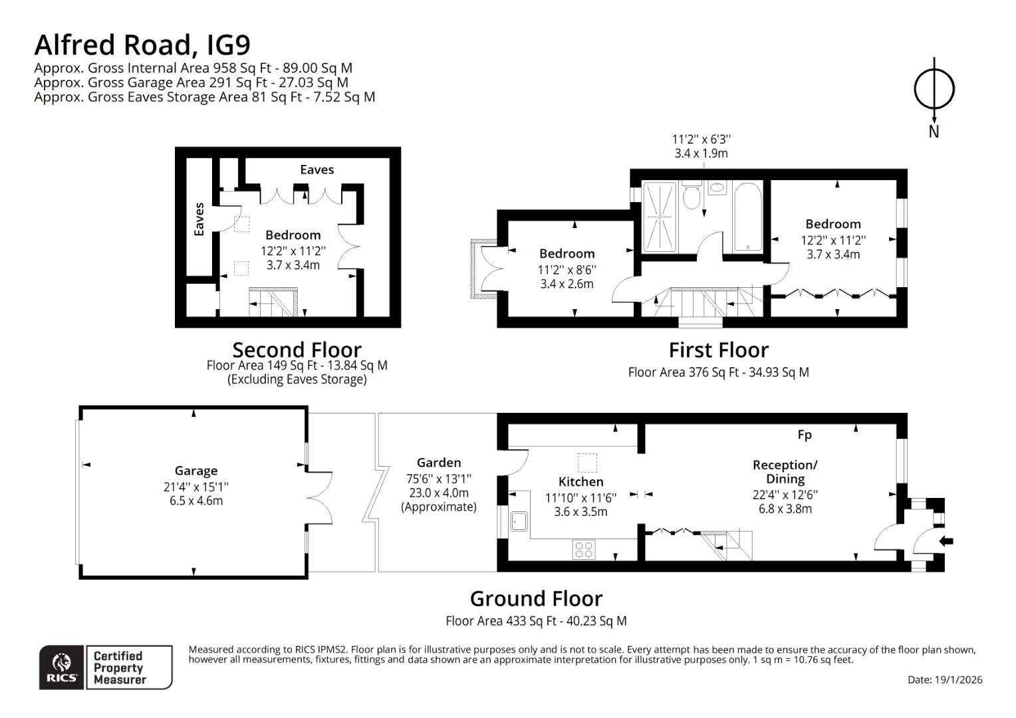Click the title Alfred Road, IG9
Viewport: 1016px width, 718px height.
click(142, 45)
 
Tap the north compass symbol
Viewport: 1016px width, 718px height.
click(934, 89)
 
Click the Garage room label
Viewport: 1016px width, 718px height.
click(196, 471)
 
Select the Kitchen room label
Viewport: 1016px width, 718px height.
click(580, 481)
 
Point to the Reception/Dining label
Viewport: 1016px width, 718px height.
click(785, 471)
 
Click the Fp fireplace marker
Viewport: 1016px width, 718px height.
click(805, 435)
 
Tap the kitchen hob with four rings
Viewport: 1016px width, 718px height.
click(584, 549)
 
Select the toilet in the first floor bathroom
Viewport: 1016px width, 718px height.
click(692, 196)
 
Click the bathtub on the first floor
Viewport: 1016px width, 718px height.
click(747, 217)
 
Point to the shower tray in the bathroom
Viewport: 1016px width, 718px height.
click(660, 217)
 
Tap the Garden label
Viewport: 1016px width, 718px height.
click(439, 463)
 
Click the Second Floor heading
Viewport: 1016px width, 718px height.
click(297, 350)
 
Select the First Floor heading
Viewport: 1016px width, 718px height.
click(718, 350)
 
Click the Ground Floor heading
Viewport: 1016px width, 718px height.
click(536, 598)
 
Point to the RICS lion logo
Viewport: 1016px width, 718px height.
click(62, 666)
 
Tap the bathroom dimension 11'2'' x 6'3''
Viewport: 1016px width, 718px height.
click(701, 140)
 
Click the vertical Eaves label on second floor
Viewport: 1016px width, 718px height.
click(199, 219)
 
